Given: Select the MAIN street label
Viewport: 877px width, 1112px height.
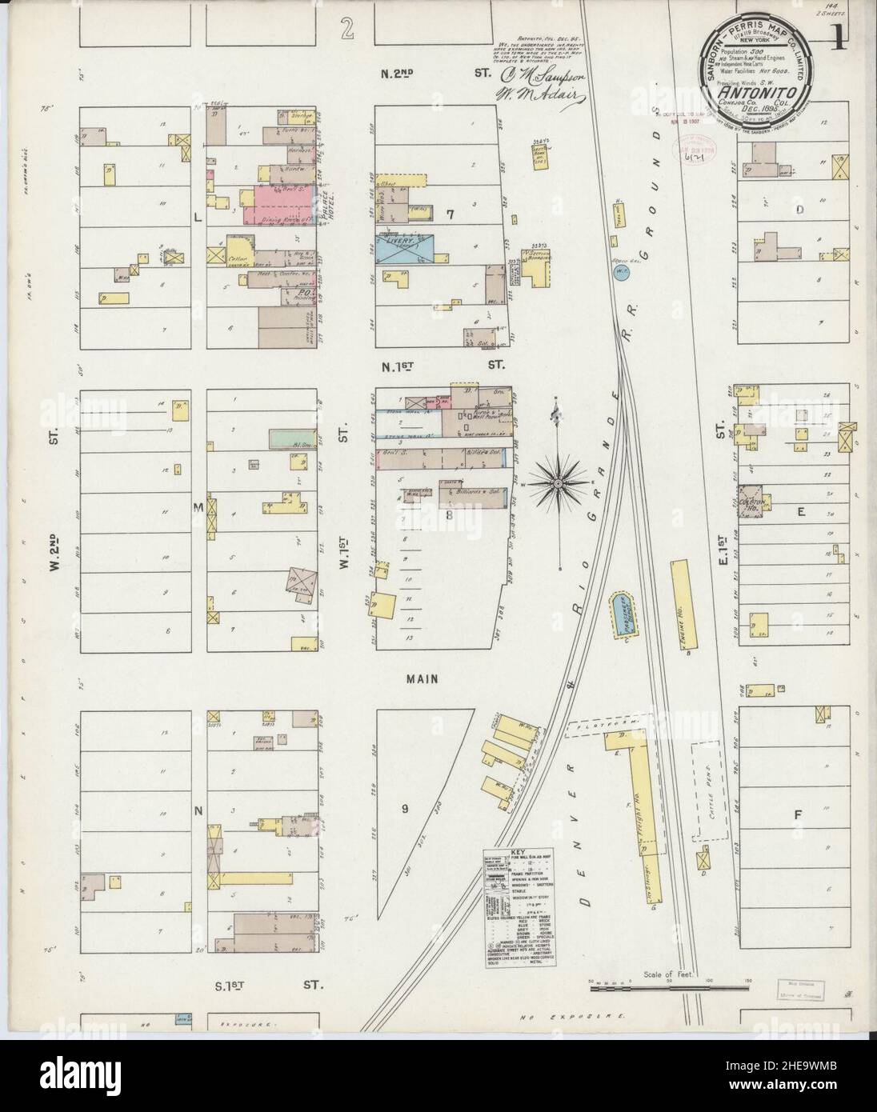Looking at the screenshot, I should tap(421, 678).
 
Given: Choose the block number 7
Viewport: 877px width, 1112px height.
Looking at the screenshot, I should tap(451, 214).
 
